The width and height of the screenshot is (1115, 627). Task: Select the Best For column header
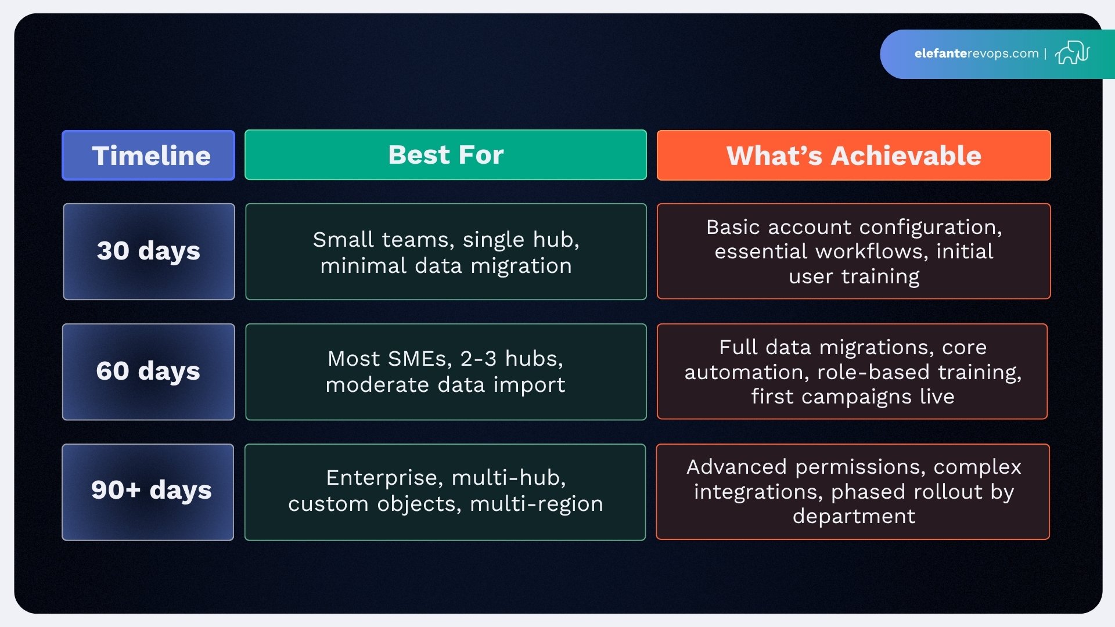click(x=445, y=155)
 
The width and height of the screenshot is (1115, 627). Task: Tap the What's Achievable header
click(x=853, y=156)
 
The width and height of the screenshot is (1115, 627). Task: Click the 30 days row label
click(x=149, y=251)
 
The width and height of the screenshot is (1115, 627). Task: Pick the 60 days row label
click(x=148, y=372)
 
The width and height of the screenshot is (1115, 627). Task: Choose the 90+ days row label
click(x=150, y=491)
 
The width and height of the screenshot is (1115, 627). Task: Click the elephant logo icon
click(x=1072, y=53)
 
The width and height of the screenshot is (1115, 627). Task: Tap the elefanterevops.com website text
click(x=976, y=53)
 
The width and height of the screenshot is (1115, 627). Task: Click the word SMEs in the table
click(x=419, y=359)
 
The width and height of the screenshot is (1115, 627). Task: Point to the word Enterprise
click(x=382, y=478)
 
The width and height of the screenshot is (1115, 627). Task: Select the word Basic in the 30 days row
click(x=733, y=227)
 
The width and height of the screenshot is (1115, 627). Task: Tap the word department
click(x=854, y=517)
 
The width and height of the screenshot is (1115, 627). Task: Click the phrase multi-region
click(x=536, y=504)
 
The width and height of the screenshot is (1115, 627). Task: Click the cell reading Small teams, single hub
click(x=445, y=252)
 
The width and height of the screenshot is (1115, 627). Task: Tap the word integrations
click(x=758, y=492)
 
